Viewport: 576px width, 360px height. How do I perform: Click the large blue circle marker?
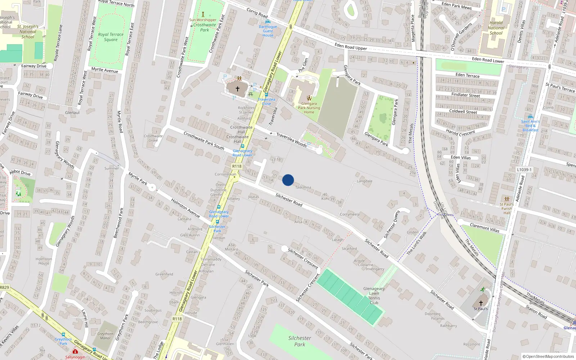tap(288, 180)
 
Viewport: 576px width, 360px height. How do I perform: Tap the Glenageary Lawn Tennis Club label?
tap(374, 296)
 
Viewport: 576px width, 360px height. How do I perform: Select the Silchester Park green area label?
tap(300, 341)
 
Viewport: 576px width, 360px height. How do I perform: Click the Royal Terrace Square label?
tap(111, 37)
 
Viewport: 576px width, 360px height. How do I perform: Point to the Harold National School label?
tap(496, 28)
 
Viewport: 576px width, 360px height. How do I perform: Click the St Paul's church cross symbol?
tap(481, 303)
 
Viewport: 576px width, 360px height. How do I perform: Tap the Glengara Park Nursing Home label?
tap(309, 108)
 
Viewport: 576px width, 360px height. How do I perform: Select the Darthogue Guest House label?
tap(268, 31)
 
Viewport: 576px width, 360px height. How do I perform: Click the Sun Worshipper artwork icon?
tap(203, 14)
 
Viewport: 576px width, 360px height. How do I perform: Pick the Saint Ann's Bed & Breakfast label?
tap(530, 126)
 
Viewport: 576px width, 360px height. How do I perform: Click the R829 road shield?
tap(4, 287)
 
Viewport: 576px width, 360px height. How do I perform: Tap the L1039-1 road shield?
tap(524, 170)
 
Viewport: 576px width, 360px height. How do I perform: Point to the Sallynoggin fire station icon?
tap(75, 351)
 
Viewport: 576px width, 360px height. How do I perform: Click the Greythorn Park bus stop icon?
tap(63, 334)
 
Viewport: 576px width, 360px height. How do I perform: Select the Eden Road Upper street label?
tap(351, 46)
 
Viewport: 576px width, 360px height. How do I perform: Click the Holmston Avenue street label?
tap(185, 208)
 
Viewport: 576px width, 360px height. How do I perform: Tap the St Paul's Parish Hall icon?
tap(507, 199)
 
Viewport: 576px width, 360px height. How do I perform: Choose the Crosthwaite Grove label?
tap(153, 138)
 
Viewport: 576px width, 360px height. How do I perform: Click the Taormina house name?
tap(303, 187)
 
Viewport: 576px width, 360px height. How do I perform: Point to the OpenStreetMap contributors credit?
tap(548, 356)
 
